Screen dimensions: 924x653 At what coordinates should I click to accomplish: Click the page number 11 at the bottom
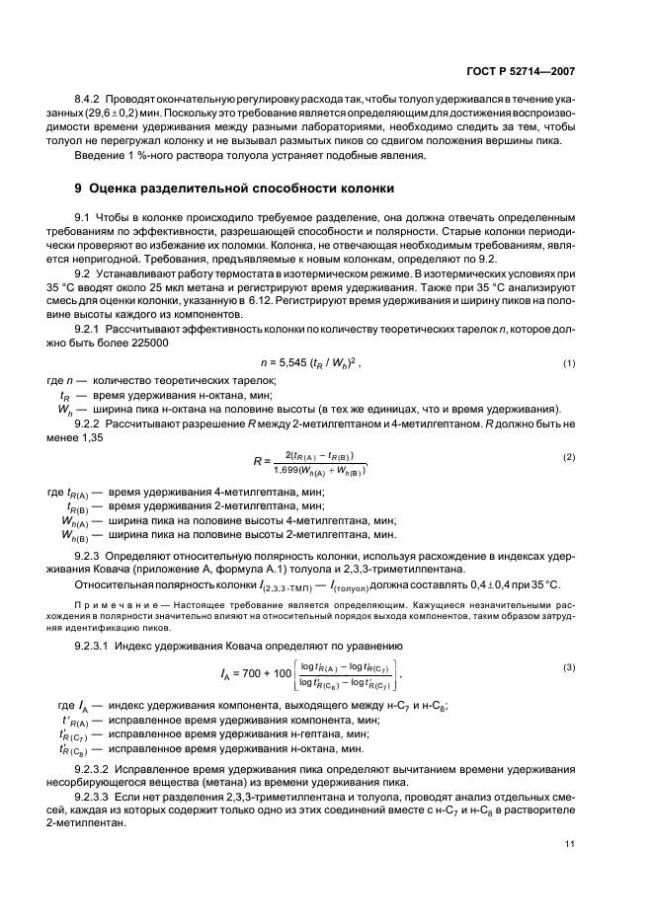(570, 843)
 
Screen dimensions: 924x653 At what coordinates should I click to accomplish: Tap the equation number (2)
(569, 457)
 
